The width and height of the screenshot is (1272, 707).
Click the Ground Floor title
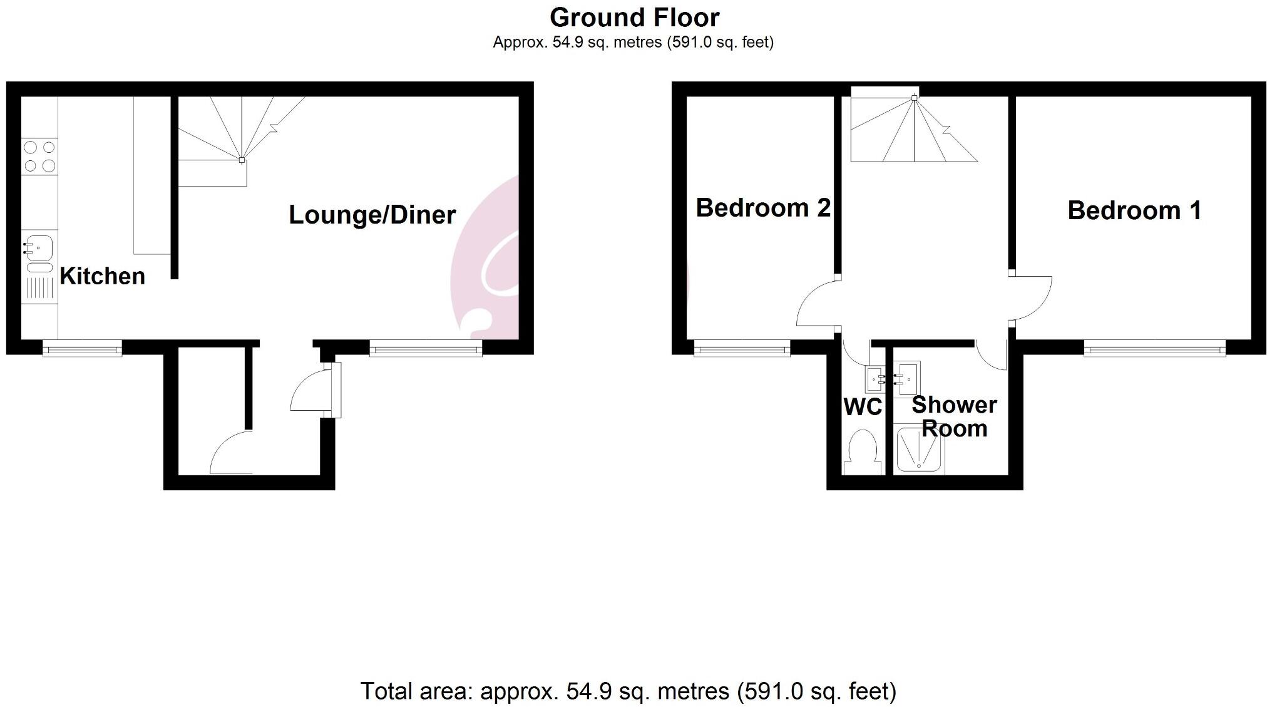[x=634, y=18]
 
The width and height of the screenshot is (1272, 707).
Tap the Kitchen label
[x=102, y=276]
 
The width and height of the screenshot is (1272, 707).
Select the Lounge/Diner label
[x=372, y=215]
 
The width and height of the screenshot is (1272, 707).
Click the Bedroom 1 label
[x=1134, y=210]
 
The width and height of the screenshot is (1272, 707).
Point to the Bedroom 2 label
[x=762, y=208]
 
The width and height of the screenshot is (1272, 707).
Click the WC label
[x=863, y=407]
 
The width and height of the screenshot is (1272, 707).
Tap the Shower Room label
[x=954, y=416]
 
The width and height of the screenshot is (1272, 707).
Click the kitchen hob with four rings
[x=39, y=157]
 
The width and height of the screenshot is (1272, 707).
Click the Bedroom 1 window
[x=1154, y=349]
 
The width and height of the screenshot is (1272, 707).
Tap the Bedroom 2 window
[x=742, y=349]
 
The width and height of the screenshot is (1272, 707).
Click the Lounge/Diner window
[x=426, y=349]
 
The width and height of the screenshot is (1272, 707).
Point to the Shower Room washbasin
[x=909, y=378]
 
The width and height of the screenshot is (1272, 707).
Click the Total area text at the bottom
[x=628, y=691]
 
